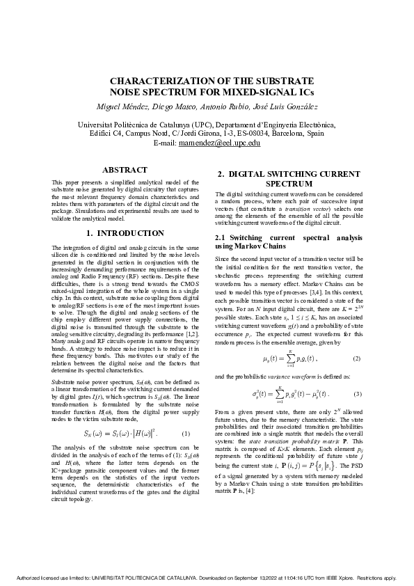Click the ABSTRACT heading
click(125, 170)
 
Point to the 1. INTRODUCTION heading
click(125, 233)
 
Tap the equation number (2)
click(356, 358)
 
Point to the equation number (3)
click(356, 395)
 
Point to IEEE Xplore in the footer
click(334, 578)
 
